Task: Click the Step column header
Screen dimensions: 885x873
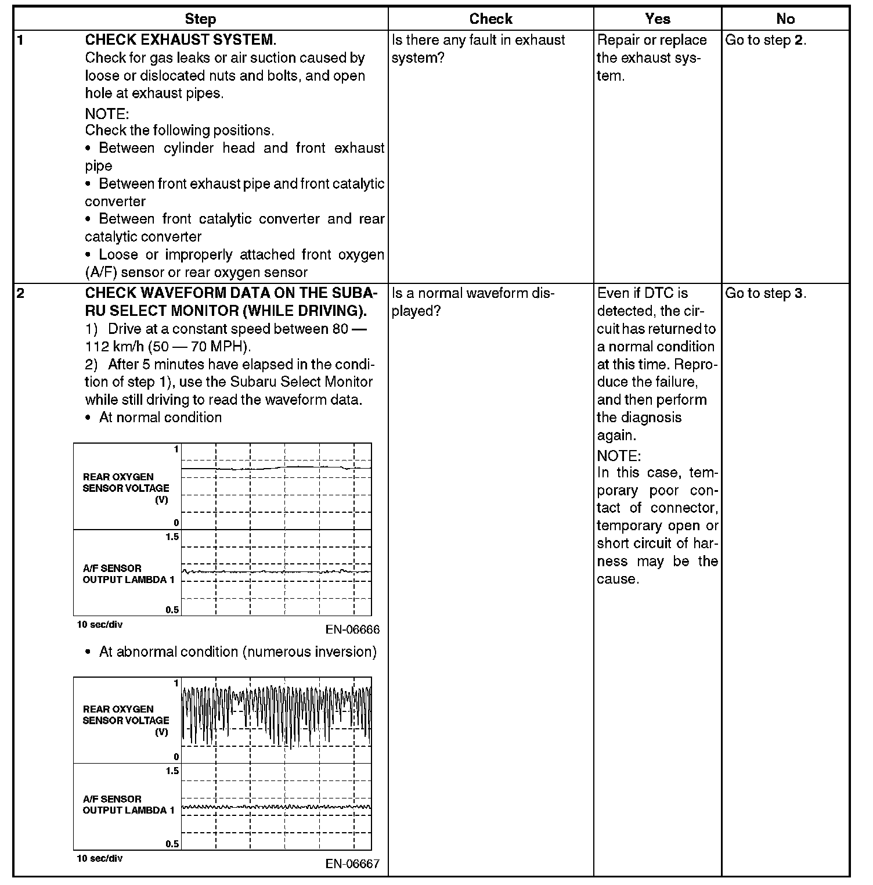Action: tap(200, 19)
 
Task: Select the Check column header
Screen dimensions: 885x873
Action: tap(490, 19)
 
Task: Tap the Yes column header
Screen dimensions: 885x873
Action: tap(657, 19)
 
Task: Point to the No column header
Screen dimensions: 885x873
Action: tap(785, 19)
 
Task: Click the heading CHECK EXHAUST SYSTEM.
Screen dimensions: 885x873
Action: tap(181, 40)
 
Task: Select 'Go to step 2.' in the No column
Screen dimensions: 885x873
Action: tap(765, 40)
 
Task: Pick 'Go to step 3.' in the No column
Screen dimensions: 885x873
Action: tap(765, 293)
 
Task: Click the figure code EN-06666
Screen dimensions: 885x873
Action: tap(352, 630)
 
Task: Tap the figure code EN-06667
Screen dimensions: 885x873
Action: tap(352, 864)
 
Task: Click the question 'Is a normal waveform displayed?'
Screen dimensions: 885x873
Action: tap(473, 302)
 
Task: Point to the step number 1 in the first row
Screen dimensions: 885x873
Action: tap(21, 40)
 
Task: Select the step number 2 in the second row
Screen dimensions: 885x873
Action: tap(21, 293)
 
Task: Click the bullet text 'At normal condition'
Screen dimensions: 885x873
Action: tap(160, 418)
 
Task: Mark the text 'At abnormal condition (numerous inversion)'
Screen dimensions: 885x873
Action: tap(237, 652)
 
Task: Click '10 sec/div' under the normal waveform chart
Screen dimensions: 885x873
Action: tap(100, 625)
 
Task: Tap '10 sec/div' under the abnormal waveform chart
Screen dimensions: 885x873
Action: tap(100, 858)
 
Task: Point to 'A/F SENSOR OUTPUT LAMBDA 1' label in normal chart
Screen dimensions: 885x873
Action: tap(128, 574)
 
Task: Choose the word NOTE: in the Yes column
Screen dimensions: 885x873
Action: tap(619, 455)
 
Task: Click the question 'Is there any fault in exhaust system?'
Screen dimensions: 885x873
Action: tap(478, 49)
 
